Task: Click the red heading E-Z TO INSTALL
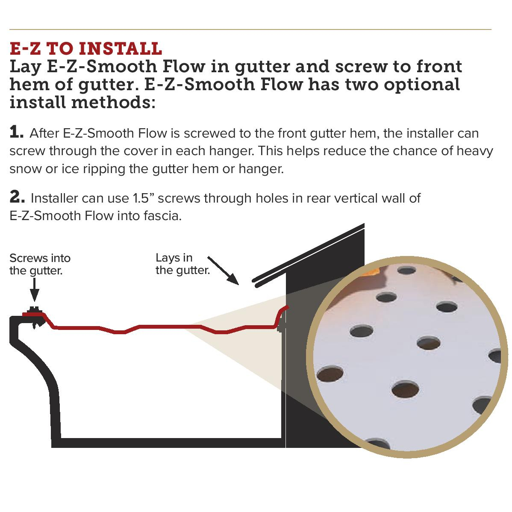85,49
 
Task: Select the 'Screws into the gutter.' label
40,264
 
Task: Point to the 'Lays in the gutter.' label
182,264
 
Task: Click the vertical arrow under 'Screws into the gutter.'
35,291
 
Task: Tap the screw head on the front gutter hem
34,310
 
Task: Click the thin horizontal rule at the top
250,29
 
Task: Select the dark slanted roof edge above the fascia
308,252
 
